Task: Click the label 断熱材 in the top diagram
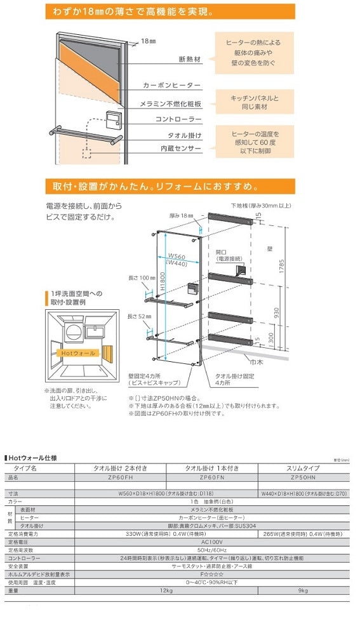point(190,61)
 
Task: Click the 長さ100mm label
point(142,277)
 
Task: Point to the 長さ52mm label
point(140,316)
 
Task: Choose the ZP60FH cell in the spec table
point(120,477)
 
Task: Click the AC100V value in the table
point(210,542)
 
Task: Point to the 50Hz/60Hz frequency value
point(210,550)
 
